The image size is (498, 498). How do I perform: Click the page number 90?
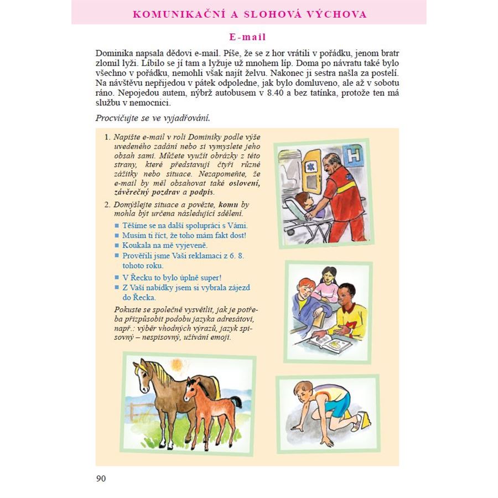[x=101, y=478]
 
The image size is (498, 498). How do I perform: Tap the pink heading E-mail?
[x=248, y=37]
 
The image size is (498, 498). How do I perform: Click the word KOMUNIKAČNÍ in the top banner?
[x=177, y=14]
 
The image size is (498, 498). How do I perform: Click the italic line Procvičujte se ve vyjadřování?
[x=153, y=117]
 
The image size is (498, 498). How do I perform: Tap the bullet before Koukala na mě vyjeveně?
[x=117, y=245]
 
